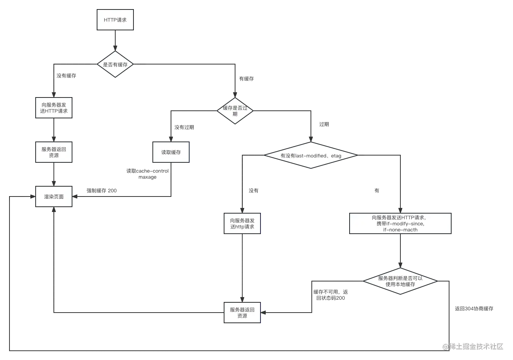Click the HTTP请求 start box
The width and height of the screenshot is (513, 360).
pos(115,20)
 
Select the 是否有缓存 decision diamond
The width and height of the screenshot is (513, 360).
pos(115,65)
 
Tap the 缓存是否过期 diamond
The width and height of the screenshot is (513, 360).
pos(235,110)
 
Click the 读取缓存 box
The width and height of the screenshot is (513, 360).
pos(171,152)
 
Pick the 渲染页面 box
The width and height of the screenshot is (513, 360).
pos(54,197)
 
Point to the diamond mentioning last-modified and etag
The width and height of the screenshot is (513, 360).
pos(311,156)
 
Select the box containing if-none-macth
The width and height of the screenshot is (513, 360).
pos(400,223)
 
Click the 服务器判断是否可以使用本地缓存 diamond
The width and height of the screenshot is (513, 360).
pos(400,281)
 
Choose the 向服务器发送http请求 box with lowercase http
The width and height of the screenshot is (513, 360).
pos(242,223)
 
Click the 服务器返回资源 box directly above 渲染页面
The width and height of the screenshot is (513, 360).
pos(54,152)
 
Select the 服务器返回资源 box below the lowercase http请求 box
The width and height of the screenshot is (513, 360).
pos(242,313)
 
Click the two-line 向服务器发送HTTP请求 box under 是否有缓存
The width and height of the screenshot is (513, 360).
pos(54,108)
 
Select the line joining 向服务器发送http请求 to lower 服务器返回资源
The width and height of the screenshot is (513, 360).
pos(242,267)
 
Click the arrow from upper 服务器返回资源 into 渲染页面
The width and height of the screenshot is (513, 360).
pos(54,174)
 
